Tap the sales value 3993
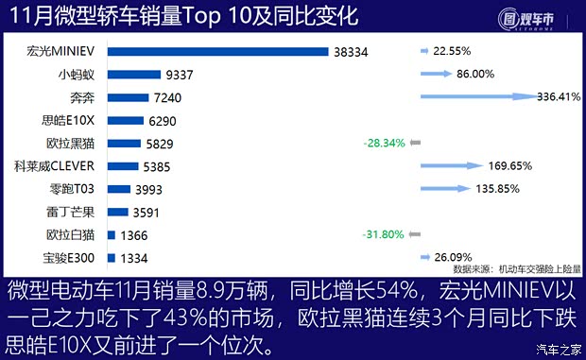tap(154, 189)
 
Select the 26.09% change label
tap(454, 258)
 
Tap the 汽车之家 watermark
tap(557, 350)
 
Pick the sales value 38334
tap(352, 52)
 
